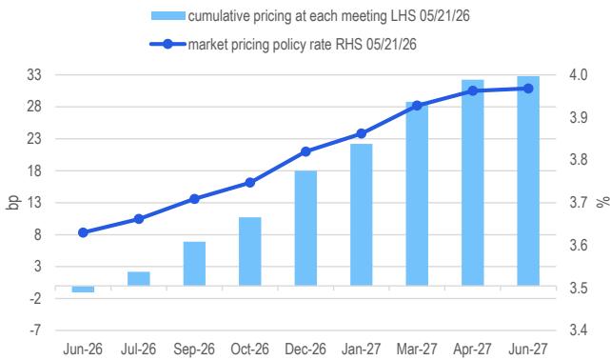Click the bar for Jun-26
click(x=83, y=290)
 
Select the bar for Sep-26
click(x=194, y=264)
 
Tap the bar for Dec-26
click(x=305, y=229)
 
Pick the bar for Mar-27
click(x=417, y=194)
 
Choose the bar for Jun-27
click(x=528, y=181)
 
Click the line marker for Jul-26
click(x=139, y=219)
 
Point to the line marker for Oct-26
click(x=250, y=183)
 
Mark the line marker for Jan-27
click(x=362, y=134)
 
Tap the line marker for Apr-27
click(x=473, y=91)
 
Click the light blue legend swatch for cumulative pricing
click(x=168, y=16)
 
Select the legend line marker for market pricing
click(x=167, y=44)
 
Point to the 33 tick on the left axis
click(x=34, y=74)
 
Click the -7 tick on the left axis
click(x=35, y=330)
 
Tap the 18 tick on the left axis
click(x=34, y=170)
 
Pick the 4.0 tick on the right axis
click(x=579, y=74)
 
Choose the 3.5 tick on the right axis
click(x=579, y=288)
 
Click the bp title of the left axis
click(x=12, y=202)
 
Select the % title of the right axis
click(x=603, y=202)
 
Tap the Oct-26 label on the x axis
click(x=249, y=349)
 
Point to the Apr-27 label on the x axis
click(x=472, y=349)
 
